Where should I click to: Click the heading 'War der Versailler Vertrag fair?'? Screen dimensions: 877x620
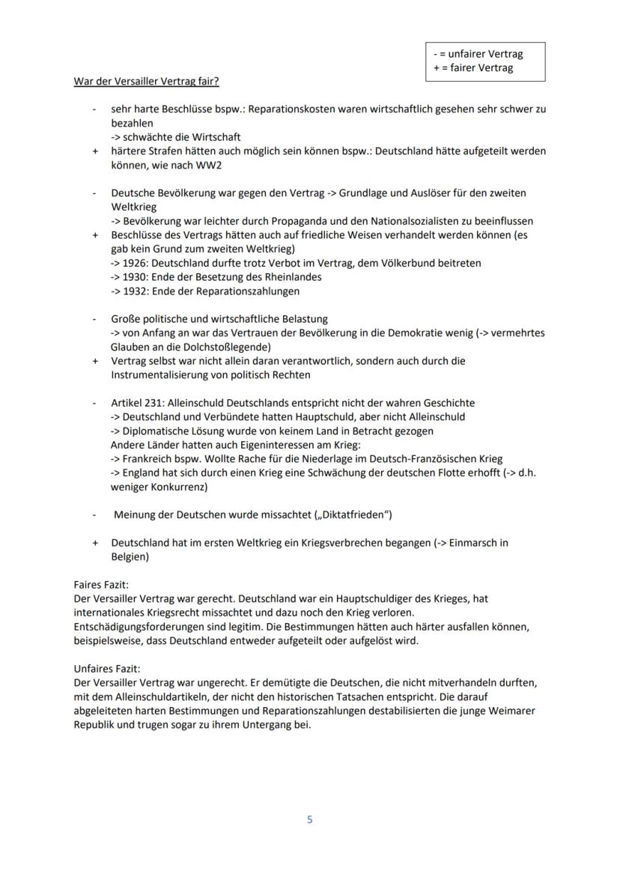pyautogui.click(x=146, y=81)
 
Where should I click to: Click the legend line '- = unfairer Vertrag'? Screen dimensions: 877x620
pyautogui.click(x=478, y=54)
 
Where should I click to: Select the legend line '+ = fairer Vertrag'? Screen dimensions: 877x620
pyautogui.click(x=473, y=68)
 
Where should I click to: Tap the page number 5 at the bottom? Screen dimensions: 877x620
pyautogui.click(x=310, y=819)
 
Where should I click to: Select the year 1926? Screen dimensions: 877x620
pyautogui.click(x=137, y=263)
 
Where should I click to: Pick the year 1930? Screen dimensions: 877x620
pyautogui.click(x=137, y=277)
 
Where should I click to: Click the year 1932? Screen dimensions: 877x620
pyautogui.click(x=137, y=291)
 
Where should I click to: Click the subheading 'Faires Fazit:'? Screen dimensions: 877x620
pyautogui.click(x=101, y=584)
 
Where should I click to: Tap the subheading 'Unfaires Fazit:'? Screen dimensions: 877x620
pyautogui.click(x=106, y=669)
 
